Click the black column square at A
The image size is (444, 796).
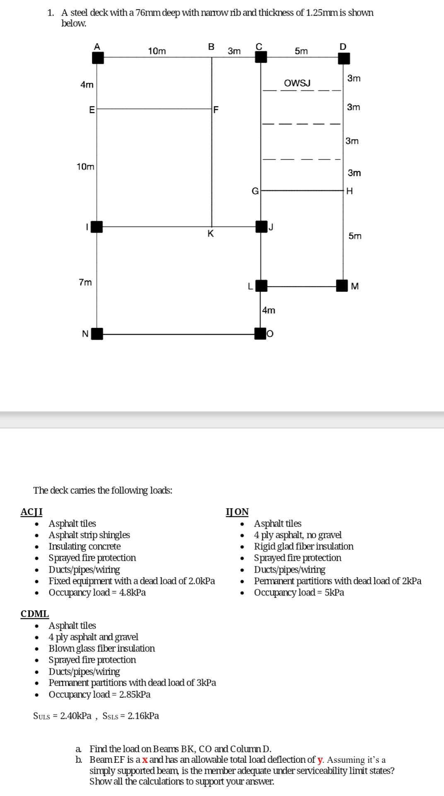point(98,58)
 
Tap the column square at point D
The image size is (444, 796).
point(344,58)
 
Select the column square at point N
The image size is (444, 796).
point(97,334)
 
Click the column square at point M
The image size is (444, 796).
point(342,286)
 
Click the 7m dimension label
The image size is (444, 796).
point(85,282)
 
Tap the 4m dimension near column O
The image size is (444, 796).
point(269,310)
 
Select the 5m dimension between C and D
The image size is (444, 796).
point(301,51)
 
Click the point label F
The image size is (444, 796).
point(216,110)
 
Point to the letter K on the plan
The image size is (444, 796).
point(210,234)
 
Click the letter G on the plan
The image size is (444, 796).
point(255,191)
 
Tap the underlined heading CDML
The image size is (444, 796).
point(35,614)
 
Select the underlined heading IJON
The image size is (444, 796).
point(237,512)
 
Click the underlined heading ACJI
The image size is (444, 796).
point(31,512)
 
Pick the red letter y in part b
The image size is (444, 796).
point(320,760)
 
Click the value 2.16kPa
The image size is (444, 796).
point(143,716)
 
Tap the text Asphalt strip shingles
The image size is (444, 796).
point(89,535)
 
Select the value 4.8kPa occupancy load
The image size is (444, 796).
point(133,592)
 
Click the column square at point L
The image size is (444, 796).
point(261,286)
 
